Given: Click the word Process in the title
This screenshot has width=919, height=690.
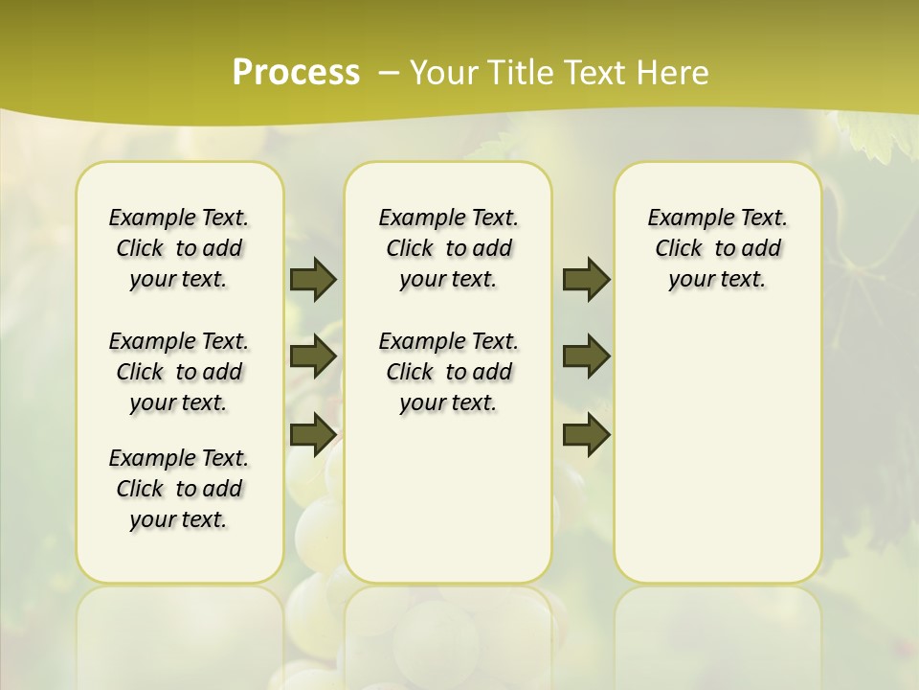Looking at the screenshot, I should pyautogui.click(x=296, y=72).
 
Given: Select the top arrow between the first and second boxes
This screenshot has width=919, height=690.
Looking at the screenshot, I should pyautogui.click(x=313, y=279).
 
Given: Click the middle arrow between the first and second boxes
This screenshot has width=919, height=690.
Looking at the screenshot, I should pyautogui.click(x=313, y=356).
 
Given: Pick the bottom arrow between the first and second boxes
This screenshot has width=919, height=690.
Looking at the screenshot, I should pyautogui.click(x=313, y=434).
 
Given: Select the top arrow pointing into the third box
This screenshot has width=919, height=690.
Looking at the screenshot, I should pyautogui.click(x=586, y=279).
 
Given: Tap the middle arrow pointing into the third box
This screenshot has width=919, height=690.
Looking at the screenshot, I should pyautogui.click(x=586, y=356).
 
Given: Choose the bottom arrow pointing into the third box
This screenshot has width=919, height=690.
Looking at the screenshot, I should pyautogui.click(x=586, y=434).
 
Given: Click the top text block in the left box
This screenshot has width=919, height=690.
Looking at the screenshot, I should pyautogui.click(x=179, y=248).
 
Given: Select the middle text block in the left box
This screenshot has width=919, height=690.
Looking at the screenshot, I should pyautogui.click(x=179, y=372).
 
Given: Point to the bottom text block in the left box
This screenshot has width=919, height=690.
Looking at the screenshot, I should pyautogui.click(x=179, y=489).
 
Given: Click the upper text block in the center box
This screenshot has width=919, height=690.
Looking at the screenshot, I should pyautogui.click(x=448, y=248).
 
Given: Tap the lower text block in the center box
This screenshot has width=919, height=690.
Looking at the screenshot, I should pyautogui.click(x=448, y=372).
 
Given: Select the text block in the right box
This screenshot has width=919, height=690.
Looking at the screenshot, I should pyautogui.click(x=717, y=248).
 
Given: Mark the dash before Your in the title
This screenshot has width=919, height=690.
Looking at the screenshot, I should pyautogui.click(x=390, y=72).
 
